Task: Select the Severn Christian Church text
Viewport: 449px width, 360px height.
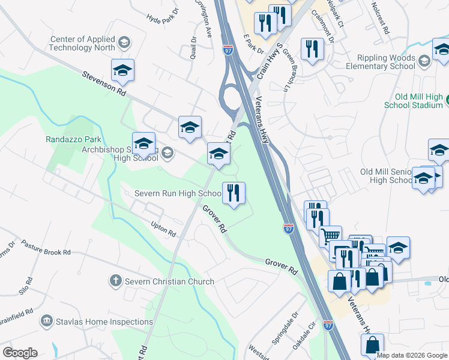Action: pos(169,281)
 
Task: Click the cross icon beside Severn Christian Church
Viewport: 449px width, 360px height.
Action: pos(115,281)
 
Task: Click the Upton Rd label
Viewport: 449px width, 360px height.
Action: pos(163,230)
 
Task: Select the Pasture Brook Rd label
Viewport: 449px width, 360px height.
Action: pos(46,248)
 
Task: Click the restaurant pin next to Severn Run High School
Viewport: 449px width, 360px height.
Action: pos(234,193)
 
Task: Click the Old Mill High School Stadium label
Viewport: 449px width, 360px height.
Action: pos(419,101)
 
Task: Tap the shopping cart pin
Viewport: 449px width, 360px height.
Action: pos(330,236)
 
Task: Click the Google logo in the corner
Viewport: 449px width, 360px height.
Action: pos(20,353)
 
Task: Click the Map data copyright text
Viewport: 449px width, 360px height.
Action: pos(412,355)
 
